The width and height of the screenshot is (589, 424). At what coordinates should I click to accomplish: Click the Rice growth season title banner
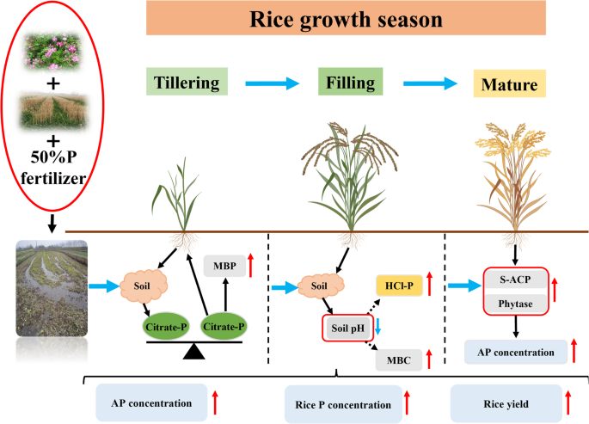[347, 18]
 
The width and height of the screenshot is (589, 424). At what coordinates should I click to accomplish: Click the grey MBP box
[221, 266]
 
